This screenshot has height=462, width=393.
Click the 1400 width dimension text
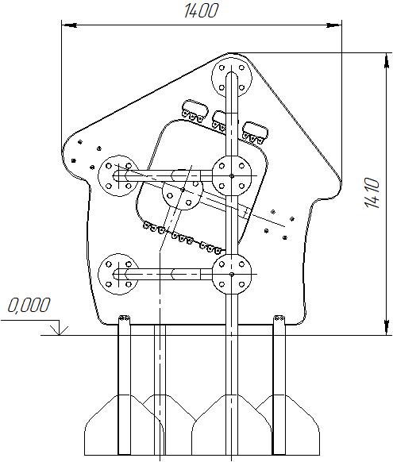201,11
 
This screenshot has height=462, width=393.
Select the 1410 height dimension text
372,193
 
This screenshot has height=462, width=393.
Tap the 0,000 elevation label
29,305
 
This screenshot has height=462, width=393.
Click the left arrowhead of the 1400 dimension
70,25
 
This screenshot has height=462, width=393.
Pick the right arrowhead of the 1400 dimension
333,25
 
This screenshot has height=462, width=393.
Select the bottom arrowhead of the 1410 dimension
386,327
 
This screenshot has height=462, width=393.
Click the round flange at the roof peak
232,78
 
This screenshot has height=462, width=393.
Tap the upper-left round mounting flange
118,176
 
